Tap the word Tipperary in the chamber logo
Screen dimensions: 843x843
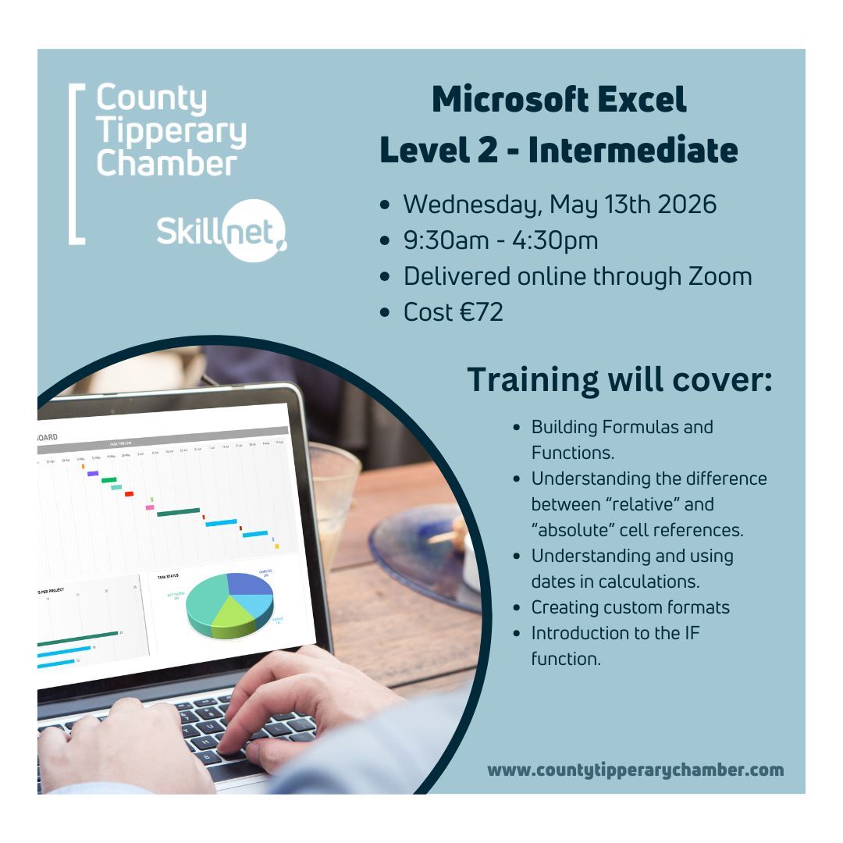(171, 132)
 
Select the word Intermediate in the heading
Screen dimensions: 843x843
(632, 150)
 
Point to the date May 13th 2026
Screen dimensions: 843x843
(633, 205)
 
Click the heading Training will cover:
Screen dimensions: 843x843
(620, 379)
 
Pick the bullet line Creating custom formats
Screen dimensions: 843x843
(630, 607)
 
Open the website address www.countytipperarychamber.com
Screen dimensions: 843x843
(635, 770)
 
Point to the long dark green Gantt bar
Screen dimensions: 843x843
(178, 512)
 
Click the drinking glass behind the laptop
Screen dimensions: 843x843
(334, 500)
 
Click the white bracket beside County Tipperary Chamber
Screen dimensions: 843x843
(76, 164)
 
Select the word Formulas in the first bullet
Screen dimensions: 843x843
(637, 427)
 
